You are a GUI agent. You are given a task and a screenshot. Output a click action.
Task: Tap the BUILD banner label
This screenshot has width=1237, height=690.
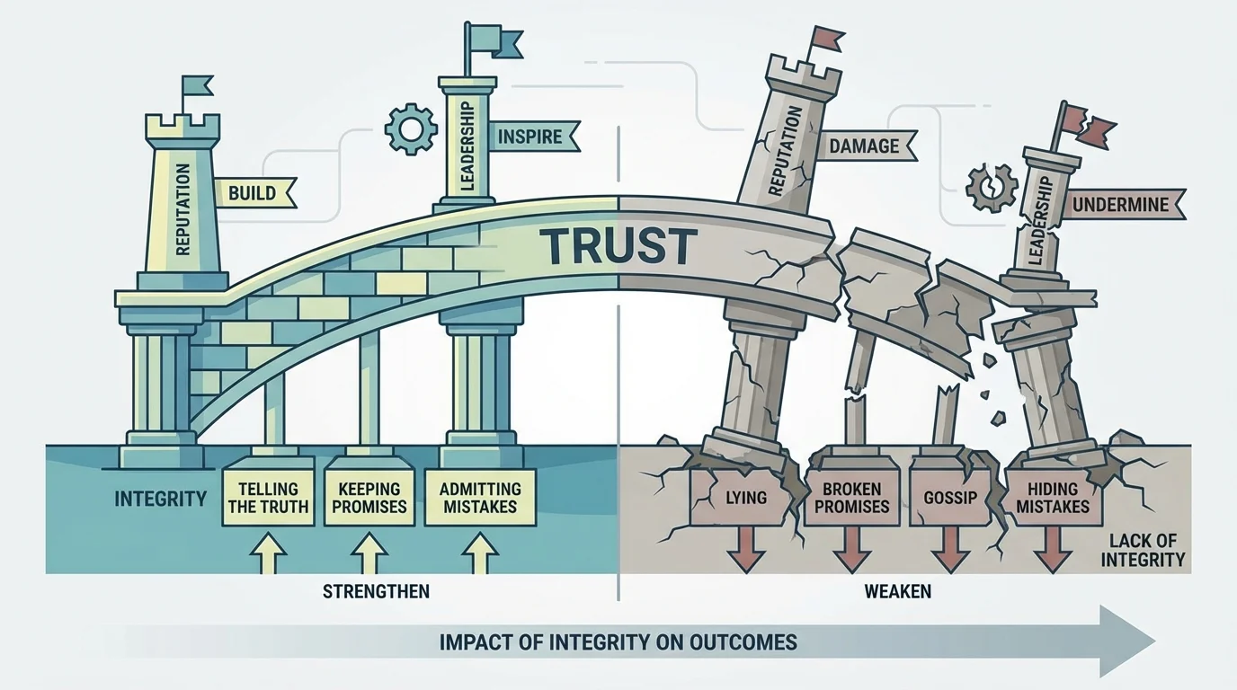pyautogui.click(x=253, y=192)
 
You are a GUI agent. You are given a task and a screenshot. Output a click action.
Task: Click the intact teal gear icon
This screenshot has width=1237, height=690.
pyautogui.click(x=410, y=130)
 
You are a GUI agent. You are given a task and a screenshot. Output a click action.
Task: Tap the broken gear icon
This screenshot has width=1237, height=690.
pyautogui.click(x=991, y=188)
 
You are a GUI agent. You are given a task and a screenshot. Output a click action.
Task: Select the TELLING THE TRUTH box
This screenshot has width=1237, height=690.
pyautogui.click(x=268, y=497)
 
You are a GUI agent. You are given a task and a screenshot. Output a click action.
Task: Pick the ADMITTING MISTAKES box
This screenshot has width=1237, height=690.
pyautogui.click(x=478, y=497)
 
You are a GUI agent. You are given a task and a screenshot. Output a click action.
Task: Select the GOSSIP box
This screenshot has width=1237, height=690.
pyautogui.click(x=948, y=497)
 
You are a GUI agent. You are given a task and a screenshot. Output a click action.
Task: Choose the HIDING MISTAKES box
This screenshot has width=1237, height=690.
pyautogui.click(x=1052, y=497)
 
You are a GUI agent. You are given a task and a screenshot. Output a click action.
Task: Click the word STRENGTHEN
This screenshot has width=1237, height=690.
pyautogui.click(x=376, y=591)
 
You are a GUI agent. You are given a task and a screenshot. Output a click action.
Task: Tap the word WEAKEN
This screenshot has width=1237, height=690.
pyautogui.click(x=897, y=591)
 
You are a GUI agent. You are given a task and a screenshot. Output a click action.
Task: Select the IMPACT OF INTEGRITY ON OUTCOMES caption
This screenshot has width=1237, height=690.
pyautogui.click(x=618, y=642)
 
